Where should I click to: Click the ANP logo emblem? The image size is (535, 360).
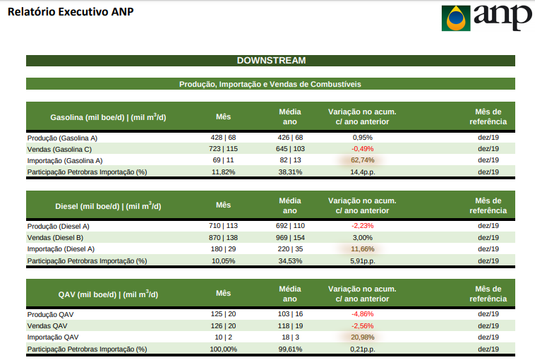tap(456, 18)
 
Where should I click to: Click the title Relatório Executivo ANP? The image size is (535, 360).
tap(71, 11)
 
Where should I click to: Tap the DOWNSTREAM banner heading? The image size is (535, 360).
tap(271, 61)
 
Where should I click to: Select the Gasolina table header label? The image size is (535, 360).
tap(108, 117)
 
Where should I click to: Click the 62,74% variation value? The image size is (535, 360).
tap(362, 160)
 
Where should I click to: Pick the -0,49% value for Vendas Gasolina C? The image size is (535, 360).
tap(362, 149)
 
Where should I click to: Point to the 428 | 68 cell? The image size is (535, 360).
tap(223, 138)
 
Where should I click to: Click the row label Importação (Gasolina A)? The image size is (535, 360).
tap(65, 161)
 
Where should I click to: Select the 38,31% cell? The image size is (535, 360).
tap(290, 172)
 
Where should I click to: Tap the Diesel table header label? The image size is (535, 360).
tap(108, 206)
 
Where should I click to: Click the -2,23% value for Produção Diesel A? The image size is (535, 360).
tap(362, 226)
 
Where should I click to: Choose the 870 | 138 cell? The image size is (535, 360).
tap(223, 237)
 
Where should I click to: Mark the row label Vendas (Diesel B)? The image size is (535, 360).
tap(55, 238)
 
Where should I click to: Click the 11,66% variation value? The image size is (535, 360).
tap(362, 249)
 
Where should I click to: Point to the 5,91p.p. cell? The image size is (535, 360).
tap(362, 261)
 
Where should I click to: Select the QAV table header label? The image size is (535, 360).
tap(108, 294)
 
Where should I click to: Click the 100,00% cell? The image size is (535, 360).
tap(223, 349)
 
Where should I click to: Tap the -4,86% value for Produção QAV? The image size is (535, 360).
tap(362, 314)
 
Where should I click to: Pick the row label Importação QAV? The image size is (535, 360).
tap(53, 337)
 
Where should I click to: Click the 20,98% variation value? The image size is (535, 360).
tap(362, 337)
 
